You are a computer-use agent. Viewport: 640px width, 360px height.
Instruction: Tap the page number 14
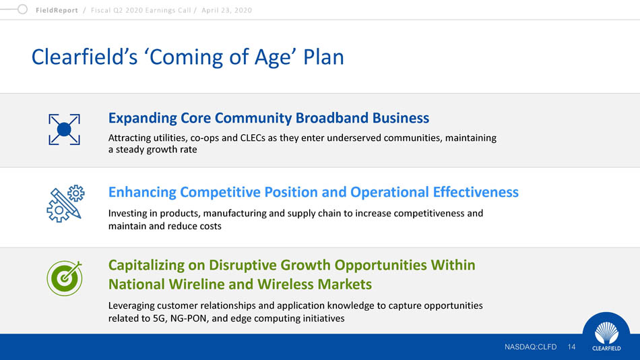571,347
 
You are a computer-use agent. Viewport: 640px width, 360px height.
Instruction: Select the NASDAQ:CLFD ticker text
530,347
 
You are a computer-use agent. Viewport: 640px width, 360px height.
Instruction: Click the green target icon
65,278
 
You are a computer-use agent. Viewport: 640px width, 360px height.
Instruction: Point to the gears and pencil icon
65,204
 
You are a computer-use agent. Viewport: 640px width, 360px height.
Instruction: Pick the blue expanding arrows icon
64,129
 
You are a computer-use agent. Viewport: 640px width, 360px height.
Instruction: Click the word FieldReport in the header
57,10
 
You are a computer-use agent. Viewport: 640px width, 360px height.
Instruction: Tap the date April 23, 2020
226,10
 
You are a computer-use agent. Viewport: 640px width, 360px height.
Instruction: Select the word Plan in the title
323,57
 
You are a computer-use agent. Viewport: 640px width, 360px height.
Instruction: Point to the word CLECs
253,138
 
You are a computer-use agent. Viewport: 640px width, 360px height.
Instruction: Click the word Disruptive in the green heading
243,265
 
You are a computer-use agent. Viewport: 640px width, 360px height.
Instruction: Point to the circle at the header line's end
22,9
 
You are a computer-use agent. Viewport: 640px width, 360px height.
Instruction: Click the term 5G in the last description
159,318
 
